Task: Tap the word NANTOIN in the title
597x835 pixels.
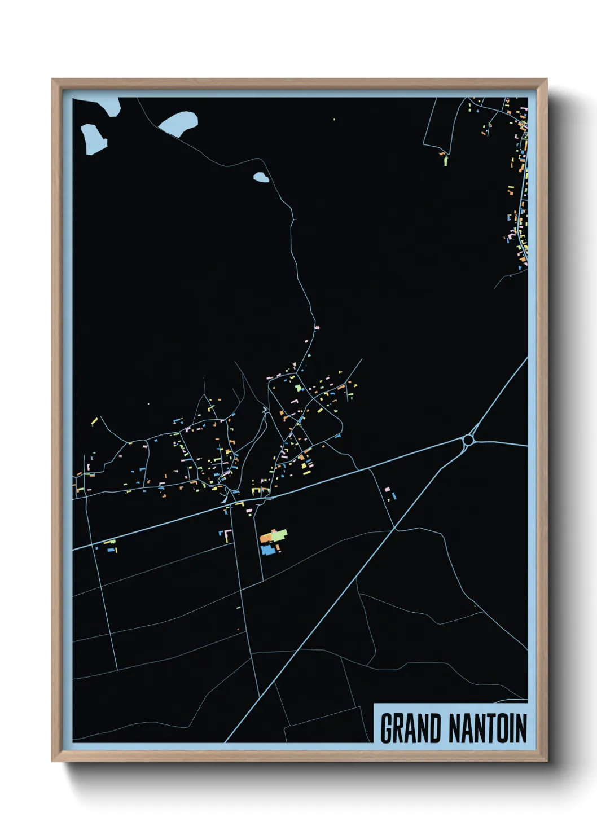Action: (x=488, y=728)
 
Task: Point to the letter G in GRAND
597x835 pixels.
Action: (x=387, y=728)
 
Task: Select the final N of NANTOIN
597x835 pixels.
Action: (x=521, y=728)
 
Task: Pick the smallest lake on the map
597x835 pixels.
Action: (x=260, y=178)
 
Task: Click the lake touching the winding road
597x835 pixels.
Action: (x=179, y=124)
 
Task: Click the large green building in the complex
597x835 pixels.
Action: (x=279, y=534)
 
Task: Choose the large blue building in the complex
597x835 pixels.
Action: (x=268, y=550)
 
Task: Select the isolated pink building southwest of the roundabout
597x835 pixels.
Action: (x=387, y=489)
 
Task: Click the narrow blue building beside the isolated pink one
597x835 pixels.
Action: (x=393, y=496)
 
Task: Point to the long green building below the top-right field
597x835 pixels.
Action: (x=446, y=161)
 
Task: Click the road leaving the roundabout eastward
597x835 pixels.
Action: (x=502, y=443)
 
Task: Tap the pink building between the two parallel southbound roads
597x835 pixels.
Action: (x=249, y=509)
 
